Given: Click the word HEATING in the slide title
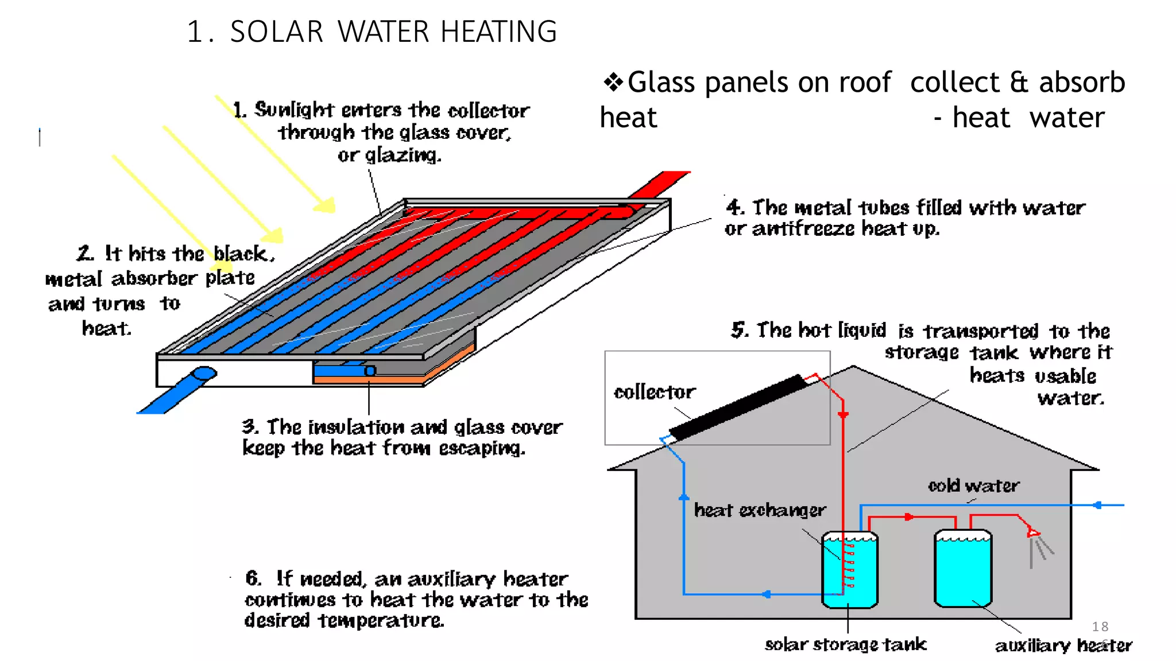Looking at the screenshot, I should pyautogui.click(x=498, y=32).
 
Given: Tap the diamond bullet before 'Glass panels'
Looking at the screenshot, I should pyautogui.click(x=613, y=82).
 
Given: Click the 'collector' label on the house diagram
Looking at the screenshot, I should pyautogui.click(x=655, y=392).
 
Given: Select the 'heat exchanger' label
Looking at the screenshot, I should pyautogui.click(x=760, y=510).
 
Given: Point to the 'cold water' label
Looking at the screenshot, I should pyautogui.click(x=974, y=486).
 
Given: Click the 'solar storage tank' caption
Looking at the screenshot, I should pyautogui.click(x=845, y=644).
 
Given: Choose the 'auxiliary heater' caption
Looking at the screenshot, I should pyautogui.click(x=1063, y=646).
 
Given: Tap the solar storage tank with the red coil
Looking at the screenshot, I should pyautogui.click(x=849, y=570).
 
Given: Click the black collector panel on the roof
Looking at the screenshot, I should pyautogui.click(x=738, y=407).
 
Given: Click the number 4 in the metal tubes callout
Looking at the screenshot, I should pyautogui.click(x=734, y=207).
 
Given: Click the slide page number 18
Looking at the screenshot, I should pyautogui.click(x=1100, y=627).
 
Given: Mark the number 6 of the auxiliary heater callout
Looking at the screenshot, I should pyautogui.click(x=253, y=578).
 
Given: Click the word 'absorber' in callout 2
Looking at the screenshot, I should pyautogui.click(x=154, y=279).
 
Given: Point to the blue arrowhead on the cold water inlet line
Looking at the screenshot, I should pyautogui.click(x=1097, y=506).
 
